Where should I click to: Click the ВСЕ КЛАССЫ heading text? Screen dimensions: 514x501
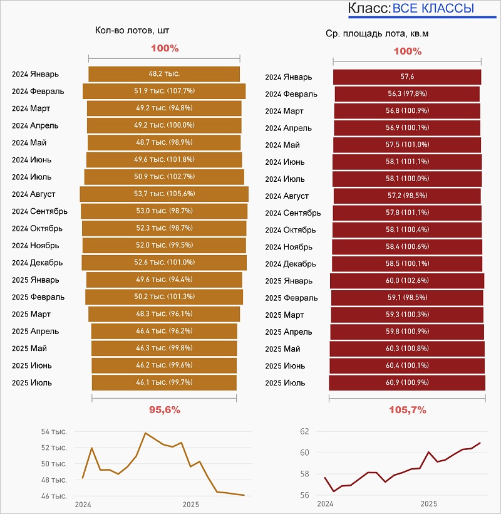[433, 9]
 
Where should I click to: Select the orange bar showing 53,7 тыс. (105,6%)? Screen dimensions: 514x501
[164, 194]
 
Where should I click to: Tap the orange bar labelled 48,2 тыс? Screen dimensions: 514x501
[164, 74]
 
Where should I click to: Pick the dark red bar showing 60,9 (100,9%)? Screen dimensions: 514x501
[407, 382]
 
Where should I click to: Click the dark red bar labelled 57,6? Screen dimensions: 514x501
[407, 77]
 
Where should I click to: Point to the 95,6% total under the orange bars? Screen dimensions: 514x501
[164, 410]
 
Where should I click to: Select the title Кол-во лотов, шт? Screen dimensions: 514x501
[132, 30]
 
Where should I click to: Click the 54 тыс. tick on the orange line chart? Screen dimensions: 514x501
[54, 431]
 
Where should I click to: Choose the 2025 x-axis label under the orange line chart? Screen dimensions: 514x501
[191, 504]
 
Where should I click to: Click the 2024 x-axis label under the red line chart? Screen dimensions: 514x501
[325, 504]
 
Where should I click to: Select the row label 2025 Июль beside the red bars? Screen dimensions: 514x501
[285, 382]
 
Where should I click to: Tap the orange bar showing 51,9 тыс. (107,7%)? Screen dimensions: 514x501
[164, 91]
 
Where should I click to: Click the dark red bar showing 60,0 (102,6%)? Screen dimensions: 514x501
[407, 280]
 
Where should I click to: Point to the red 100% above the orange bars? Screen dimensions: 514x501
[165, 48]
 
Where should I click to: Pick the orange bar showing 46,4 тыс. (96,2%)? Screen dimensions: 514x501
[164, 331]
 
